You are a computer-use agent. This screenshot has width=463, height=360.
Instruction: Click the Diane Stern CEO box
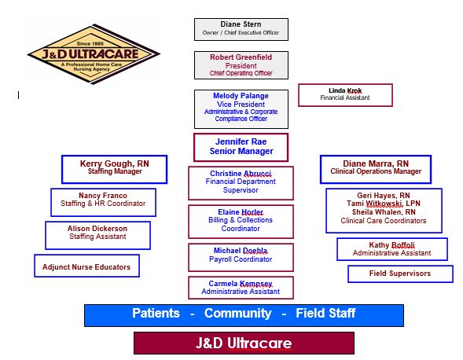[x=241, y=29]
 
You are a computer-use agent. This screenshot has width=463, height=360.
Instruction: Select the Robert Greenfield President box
[x=241, y=65]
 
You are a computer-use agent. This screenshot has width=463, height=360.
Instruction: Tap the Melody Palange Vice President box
[x=241, y=109]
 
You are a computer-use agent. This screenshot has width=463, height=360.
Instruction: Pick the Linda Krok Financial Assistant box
[x=345, y=95]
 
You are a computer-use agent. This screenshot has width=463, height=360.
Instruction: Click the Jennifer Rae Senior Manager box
[x=241, y=147]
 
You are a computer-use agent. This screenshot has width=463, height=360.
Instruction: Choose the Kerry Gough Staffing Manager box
[x=114, y=169]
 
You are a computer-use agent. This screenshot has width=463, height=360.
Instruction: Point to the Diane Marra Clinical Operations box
[x=376, y=169]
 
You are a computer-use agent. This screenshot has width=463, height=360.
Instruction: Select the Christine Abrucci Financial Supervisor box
[x=241, y=183]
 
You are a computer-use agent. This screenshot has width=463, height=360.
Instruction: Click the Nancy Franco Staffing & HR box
[x=103, y=202]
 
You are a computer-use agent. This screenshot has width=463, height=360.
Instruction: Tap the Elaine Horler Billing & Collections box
[x=241, y=222]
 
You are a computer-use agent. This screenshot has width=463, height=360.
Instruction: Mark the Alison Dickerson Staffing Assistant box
[x=97, y=235]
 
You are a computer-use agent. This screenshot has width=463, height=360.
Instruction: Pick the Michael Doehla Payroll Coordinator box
[x=241, y=257]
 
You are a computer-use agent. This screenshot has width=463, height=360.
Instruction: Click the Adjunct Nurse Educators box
[x=86, y=266]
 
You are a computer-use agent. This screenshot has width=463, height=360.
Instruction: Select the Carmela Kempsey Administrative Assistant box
[x=241, y=288]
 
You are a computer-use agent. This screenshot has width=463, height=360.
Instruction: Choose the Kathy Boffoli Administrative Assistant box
[x=392, y=249]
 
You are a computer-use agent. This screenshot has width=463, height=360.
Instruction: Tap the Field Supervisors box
[x=400, y=274]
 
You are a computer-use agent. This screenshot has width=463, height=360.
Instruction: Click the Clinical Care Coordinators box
[x=384, y=211]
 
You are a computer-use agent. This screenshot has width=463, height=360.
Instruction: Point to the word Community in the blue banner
[x=237, y=314]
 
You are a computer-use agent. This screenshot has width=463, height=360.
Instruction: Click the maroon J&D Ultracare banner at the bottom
[x=244, y=343]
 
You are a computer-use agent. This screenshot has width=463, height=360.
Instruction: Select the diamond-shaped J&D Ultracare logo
[x=94, y=54]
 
